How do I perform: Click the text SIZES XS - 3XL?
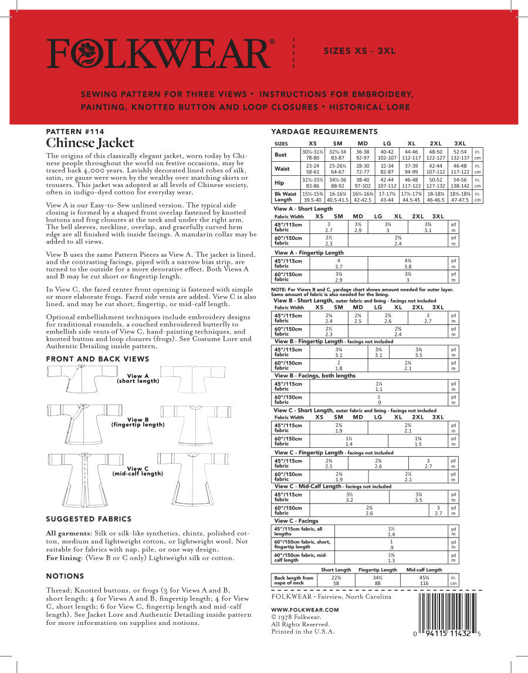(x=360, y=51)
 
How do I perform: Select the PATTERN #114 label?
(x=75, y=132)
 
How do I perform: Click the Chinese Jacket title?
(x=90, y=143)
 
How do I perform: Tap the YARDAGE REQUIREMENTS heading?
(x=324, y=131)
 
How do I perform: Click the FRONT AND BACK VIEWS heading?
(x=97, y=359)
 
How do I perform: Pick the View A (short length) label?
(x=138, y=378)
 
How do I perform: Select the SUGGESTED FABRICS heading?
(x=89, y=519)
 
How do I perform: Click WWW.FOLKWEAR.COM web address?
(x=305, y=610)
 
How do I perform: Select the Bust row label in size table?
(x=282, y=155)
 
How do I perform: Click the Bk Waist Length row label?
(x=285, y=196)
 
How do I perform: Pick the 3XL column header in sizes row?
(x=460, y=144)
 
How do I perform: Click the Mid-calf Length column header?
(x=424, y=570)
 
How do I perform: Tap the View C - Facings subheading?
(x=296, y=521)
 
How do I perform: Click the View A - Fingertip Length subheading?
(x=309, y=253)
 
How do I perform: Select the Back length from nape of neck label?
(x=294, y=580)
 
